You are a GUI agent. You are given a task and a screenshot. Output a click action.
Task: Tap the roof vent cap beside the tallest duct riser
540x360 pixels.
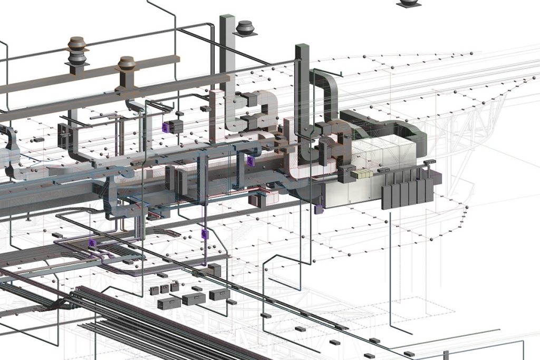[x=245, y=28]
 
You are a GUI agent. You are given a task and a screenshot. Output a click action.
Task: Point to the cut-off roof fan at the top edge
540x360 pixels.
[x=410, y=3]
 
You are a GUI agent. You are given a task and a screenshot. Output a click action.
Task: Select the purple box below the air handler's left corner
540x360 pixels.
[x=318, y=209]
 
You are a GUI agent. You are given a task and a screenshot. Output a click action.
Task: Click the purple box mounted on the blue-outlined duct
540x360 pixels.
[x=250, y=161]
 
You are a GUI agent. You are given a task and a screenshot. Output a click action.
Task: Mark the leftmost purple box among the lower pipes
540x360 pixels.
[x=92, y=243]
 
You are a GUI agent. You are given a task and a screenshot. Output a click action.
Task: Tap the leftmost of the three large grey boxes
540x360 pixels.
[x=169, y=303]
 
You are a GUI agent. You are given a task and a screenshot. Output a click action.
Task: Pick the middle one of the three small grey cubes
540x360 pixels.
[x=165, y=289]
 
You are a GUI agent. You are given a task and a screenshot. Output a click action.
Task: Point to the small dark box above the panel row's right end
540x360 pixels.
[x=430, y=161]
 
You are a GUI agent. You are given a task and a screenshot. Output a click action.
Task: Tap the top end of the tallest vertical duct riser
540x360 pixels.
[x=227, y=18]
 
